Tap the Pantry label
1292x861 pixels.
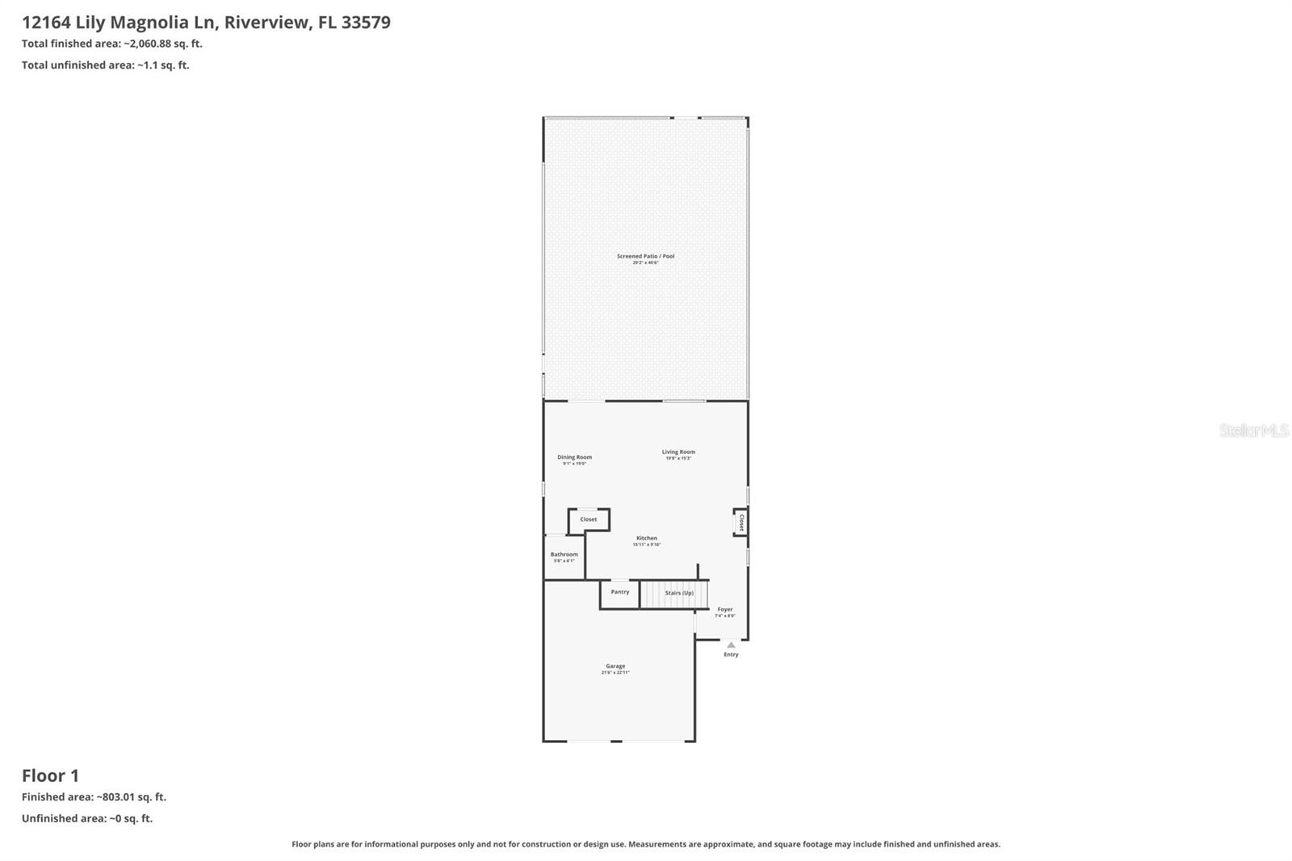(x=620, y=592)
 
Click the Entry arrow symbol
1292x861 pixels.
(x=731, y=645)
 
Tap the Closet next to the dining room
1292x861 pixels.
(x=589, y=519)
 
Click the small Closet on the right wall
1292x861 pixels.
(x=740, y=523)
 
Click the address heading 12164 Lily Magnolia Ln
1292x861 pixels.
(x=206, y=22)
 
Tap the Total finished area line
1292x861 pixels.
(x=112, y=44)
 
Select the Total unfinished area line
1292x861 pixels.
(x=106, y=65)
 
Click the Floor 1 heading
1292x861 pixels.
(x=50, y=775)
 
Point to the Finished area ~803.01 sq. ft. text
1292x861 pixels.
(x=94, y=796)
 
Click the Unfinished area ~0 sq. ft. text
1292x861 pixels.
(x=87, y=818)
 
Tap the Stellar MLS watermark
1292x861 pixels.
(x=1253, y=430)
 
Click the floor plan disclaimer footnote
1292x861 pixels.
(x=645, y=844)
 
